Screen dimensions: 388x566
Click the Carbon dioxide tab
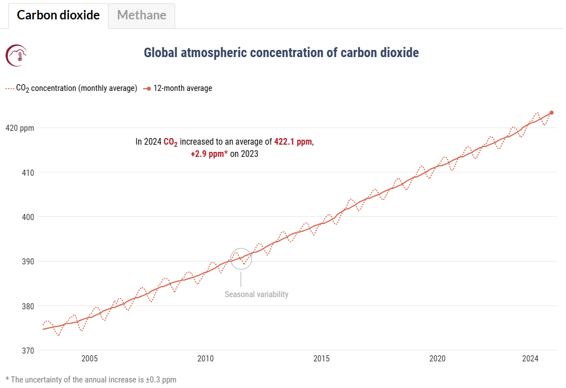pyautogui.click(x=58, y=15)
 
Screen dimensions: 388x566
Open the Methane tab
pyautogui.click(x=141, y=15)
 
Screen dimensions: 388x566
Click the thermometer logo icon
pyautogui.click(x=16, y=55)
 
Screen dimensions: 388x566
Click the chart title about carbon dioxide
pyautogui.click(x=281, y=53)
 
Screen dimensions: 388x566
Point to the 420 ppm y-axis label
pyautogui.click(x=19, y=128)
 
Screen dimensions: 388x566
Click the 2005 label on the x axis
pyautogui.click(x=89, y=359)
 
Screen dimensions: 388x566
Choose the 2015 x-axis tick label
pyautogui.click(x=322, y=359)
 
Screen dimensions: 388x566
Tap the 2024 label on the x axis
pyautogui.click(x=531, y=359)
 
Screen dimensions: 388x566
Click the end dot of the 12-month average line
pyautogui.click(x=551, y=113)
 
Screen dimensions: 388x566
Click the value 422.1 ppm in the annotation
pyautogui.click(x=293, y=142)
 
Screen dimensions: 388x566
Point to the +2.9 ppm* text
pyautogui.click(x=210, y=154)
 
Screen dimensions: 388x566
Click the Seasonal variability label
pyautogui.click(x=256, y=294)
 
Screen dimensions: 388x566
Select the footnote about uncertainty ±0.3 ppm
pyautogui.click(x=90, y=380)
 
